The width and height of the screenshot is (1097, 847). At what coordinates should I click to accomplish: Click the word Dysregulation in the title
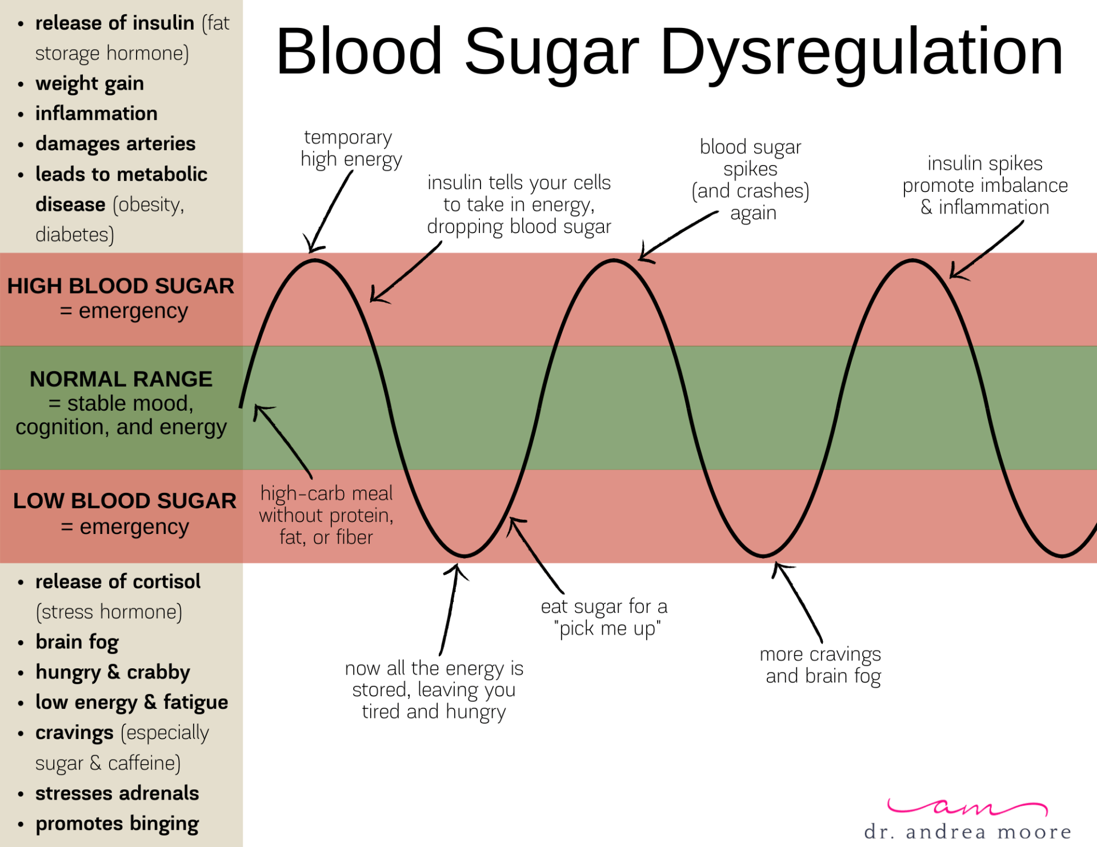pos(862,53)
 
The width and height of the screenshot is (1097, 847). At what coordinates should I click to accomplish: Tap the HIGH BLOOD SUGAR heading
pos(121,286)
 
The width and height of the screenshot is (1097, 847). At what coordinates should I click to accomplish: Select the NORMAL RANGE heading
pos(121,379)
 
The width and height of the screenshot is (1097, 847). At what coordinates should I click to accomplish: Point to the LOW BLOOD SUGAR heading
pos(125,501)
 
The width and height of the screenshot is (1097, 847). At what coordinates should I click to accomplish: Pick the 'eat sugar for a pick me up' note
pos(604,617)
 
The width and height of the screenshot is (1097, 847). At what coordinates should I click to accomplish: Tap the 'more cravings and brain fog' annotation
pos(820,665)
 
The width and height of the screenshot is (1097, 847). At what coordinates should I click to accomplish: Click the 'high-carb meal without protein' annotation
pos(326,515)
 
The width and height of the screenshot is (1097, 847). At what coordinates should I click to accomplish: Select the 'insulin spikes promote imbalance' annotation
pos(985,185)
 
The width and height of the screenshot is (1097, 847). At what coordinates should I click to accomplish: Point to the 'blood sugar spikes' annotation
pos(751,180)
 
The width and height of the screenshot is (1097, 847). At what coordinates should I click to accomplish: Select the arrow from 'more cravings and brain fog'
pos(798,602)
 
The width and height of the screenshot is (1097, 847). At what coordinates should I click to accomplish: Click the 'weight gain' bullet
pos(90,83)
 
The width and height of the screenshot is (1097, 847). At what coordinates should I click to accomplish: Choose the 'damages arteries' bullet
pos(115,144)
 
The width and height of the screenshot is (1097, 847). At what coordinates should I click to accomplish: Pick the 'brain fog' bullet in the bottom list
pos(77,642)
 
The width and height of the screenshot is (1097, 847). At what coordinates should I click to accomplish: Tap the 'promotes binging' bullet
pos(117,824)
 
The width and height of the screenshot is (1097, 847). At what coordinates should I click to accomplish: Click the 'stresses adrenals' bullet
pos(117,793)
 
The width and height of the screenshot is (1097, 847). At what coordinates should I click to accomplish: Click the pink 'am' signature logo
pos(967,806)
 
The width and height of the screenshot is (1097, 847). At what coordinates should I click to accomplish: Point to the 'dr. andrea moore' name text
pos(968,832)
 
